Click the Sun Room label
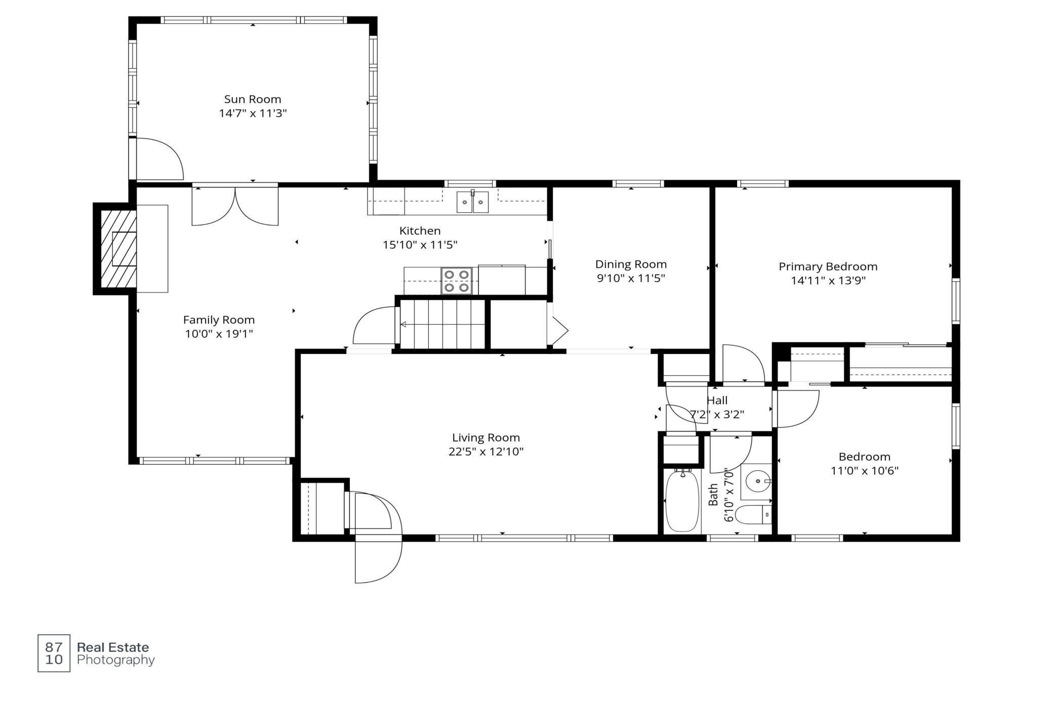[253, 99]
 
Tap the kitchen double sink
[473, 202]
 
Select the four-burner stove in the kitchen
[457, 281]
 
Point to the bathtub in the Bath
[682, 500]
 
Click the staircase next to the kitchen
[443, 324]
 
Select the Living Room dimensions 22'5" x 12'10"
[486, 452]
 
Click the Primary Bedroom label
[828, 267]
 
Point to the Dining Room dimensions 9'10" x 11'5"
[631, 278]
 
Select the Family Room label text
[219, 320]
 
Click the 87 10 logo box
[54, 653]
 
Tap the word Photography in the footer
[115, 660]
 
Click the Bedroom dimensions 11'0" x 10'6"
[865, 471]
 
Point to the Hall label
[717, 401]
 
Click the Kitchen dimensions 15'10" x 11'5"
[420, 245]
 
